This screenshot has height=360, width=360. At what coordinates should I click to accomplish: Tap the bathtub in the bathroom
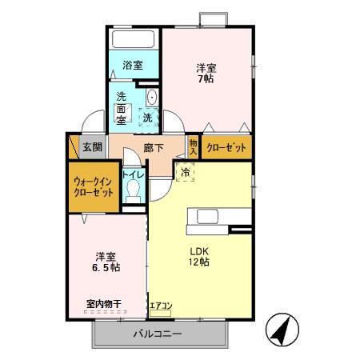[134, 40]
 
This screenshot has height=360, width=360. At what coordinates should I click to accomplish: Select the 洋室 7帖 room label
[206, 72]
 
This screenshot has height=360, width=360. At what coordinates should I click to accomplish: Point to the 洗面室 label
[122, 108]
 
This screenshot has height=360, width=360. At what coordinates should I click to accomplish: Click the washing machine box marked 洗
[147, 117]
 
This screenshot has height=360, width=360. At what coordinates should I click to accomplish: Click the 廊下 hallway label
[153, 147]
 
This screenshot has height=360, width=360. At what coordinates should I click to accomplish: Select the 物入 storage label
[193, 146]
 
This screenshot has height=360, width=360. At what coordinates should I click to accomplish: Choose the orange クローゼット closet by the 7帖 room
[226, 147]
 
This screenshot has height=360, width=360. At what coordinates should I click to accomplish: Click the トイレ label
[133, 174]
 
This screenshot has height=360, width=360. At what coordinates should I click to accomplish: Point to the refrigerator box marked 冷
[185, 171]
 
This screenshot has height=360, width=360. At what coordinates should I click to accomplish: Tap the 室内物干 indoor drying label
[104, 304]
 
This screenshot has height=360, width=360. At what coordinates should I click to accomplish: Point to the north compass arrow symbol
[279, 328]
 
